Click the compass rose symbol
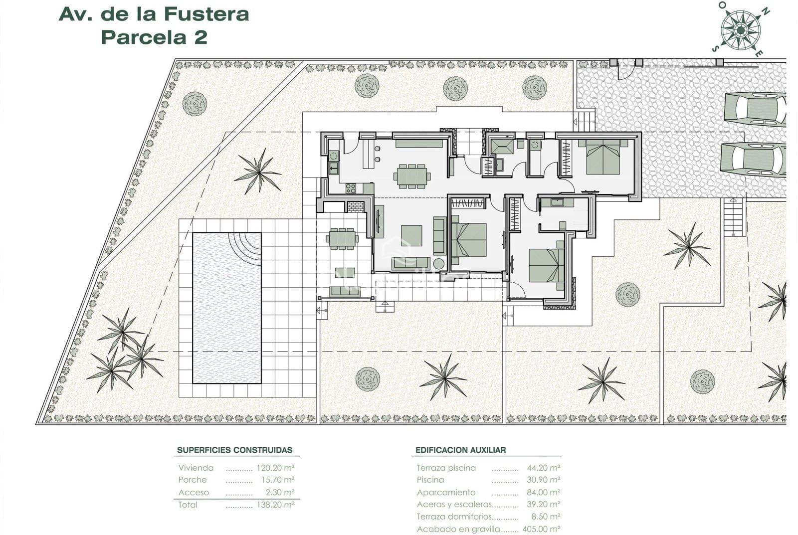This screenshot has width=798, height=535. tap(740, 30)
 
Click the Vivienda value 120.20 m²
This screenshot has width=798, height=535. tap(275, 468)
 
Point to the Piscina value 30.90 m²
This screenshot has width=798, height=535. tap(543, 480)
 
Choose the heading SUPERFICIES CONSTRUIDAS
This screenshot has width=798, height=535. tap(234, 450)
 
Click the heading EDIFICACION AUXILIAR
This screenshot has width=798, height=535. tap(460, 450)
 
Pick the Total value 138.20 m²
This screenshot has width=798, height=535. tap(275, 505)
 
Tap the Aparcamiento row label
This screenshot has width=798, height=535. tap(446, 492)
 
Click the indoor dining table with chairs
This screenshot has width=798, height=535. tap(412, 176)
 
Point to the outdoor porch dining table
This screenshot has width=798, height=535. tap(342, 238)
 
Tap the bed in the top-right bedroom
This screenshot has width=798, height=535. tap(602, 157)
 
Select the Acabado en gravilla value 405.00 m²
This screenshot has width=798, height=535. tap(541, 529)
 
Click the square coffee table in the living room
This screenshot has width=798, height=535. tap(411, 235)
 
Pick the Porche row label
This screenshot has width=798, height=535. tap(193, 480)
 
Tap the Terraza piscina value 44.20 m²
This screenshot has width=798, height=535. tap(543, 468)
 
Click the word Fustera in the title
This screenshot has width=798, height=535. tap(206, 14)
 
